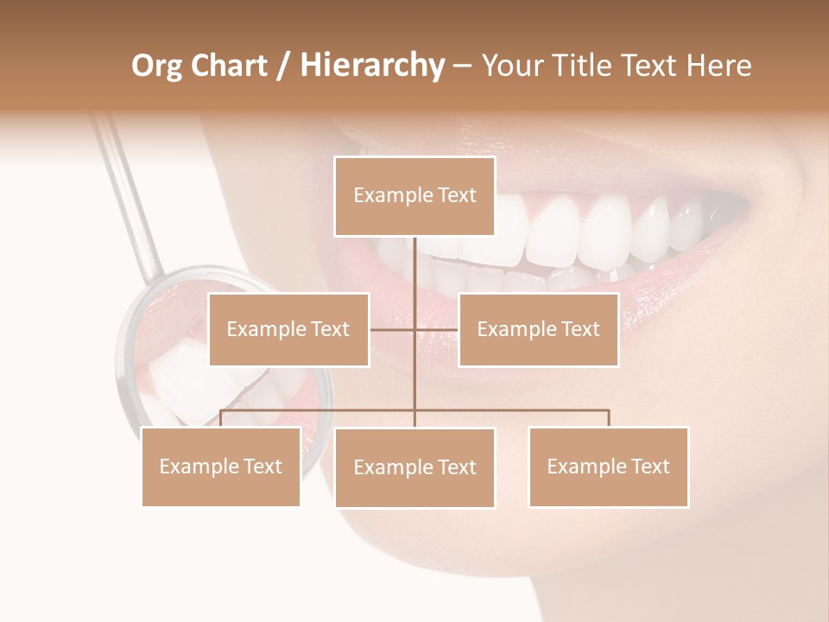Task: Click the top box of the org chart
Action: coord(414,196)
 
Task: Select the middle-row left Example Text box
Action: coord(288,329)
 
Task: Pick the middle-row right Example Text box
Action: coord(538,329)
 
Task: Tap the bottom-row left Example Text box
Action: coord(221,466)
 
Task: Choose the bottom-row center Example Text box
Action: coord(414,467)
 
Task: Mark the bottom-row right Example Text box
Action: coord(608,466)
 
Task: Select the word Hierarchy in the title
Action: coord(371,66)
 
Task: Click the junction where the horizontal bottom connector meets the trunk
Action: coord(414,410)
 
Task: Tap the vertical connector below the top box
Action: coord(414,268)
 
